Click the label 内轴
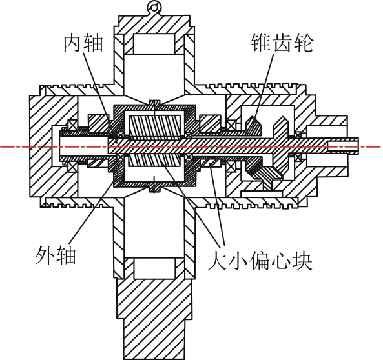[x=83, y=44]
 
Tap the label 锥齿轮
[x=282, y=43]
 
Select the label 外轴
[x=56, y=255]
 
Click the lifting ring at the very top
[x=154, y=7]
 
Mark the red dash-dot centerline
[x=191, y=147]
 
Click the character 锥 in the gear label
[x=261, y=43]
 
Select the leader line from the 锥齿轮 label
[x=264, y=86]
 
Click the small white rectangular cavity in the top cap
[x=154, y=43]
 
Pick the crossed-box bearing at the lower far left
[x=72, y=168]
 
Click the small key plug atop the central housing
[x=154, y=103]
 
